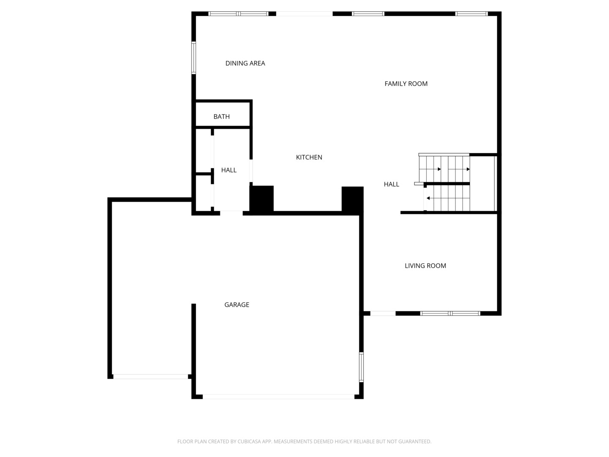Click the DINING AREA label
pyautogui.click(x=245, y=63)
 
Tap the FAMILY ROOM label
pyautogui.click(x=406, y=84)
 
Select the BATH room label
pyautogui.click(x=221, y=117)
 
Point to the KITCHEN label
pyautogui.click(x=309, y=157)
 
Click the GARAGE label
pyautogui.click(x=236, y=305)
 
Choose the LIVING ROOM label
pyautogui.click(x=425, y=266)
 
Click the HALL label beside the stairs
pyautogui.click(x=391, y=184)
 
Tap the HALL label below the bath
pyautogui.click(x=228, y=170)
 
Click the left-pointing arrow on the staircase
pyautogui.click(x=428, y=198)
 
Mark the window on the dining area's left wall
pyautogui.click(x=194, y=58)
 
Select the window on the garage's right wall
pyautogui.click(x=361, y=367)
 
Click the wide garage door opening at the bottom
pyautogui.click(x=278, y=397)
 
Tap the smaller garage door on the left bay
pyautogui.click(x=150, y=377)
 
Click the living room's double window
pyautogui.click(x=450, y=314)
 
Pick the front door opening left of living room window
pyautogui.click(x=383, y=314)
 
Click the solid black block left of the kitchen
pyautogui.click(x=262, y=198)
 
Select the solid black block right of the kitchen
pyautogui.click(x=352, y=199)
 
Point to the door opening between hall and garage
pyautogui.click(x=231, y=213)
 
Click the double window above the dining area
pyautogui.click(x=239, y=14)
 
